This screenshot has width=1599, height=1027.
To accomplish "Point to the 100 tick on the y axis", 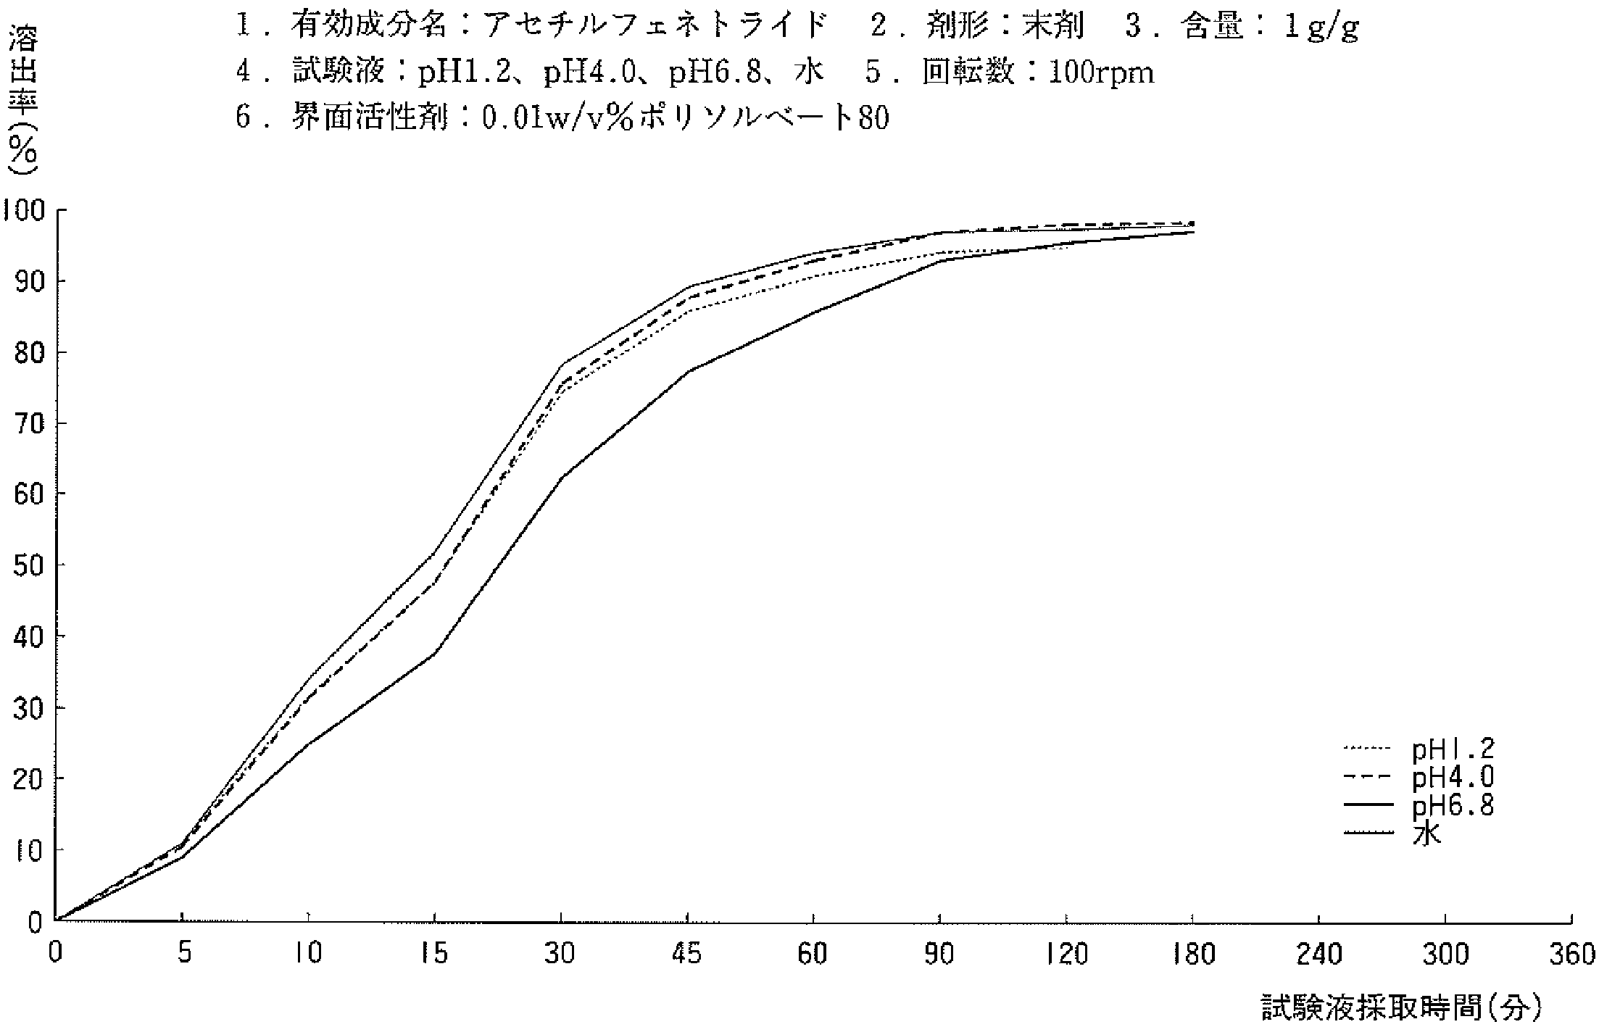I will pos(25,211).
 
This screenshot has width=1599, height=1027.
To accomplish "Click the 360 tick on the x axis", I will pos(1571,954).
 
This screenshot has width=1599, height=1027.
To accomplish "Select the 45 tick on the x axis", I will pos(686,954).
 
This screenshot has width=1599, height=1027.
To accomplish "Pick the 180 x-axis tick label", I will pos(1192,954).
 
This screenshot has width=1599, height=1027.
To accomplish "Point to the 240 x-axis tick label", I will pos(1318,954).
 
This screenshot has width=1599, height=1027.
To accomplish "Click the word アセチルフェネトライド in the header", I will pos(655,27).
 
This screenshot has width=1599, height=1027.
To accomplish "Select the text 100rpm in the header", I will pos(1101,72).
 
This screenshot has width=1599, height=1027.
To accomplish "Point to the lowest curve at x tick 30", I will pos(562,476).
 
